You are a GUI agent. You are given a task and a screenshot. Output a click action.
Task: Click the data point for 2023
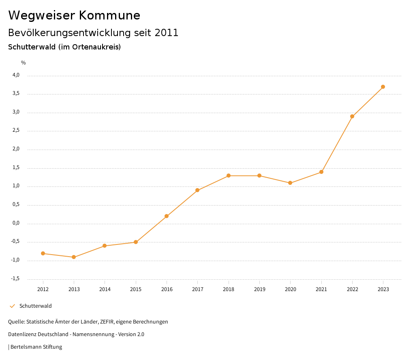click(x=383, y=87)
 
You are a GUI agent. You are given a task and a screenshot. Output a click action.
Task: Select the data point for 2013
click(x=74, y=257)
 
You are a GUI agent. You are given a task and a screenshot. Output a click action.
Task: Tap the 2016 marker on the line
click(x=167, y=216)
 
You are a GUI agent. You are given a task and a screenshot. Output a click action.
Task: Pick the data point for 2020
click(x=290, y=183)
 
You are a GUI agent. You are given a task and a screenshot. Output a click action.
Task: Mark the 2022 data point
click(x=352, y=116)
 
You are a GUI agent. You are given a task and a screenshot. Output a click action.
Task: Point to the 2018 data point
click(x=229, y=176)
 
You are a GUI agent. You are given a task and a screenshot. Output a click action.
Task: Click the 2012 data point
click(x=43, y=253)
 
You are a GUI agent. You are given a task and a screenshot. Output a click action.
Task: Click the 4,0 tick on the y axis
click(x=16, y=75)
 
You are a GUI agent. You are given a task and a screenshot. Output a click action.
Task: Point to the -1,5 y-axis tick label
click(x=15, y=279)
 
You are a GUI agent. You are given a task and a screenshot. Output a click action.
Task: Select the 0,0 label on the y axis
click(x=16, y=223)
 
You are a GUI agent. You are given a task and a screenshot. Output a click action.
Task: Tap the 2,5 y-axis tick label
click(x=16, y=131)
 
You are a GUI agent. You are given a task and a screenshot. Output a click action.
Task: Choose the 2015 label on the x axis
click(x=136, y=289)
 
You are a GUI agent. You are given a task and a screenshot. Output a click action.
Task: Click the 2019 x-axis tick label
click(x=259, y=289)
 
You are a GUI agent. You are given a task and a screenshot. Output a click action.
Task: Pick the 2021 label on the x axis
click(x=321, y=289)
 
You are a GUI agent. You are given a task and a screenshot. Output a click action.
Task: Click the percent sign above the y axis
click(x=24, y=63)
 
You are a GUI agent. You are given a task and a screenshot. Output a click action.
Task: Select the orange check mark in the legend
click(x=12, y=306)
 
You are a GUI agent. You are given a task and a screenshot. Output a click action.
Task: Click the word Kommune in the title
click(x=109, y=15)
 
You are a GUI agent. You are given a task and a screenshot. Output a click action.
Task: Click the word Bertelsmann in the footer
click(x=26, y=347)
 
